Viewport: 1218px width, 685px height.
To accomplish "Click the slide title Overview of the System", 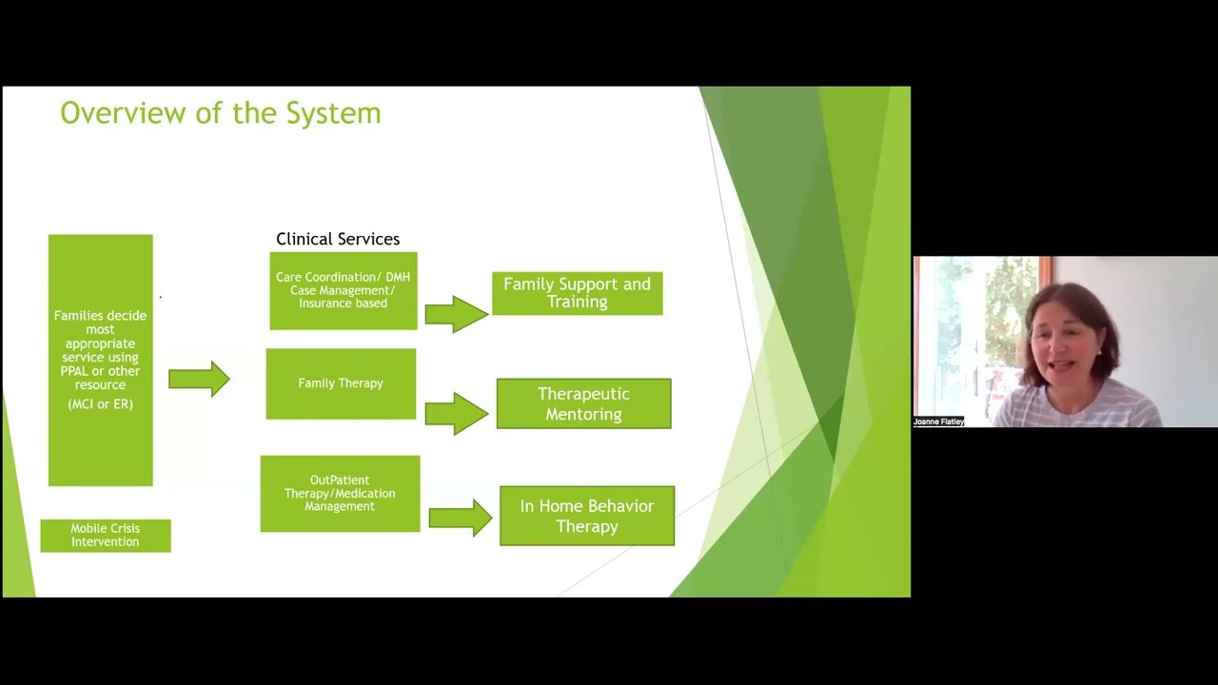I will click(x=220, y=113).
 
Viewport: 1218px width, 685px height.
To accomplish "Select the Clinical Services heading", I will click(x=338, y=239).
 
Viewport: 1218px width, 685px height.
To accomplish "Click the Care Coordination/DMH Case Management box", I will click(x=343, y=290).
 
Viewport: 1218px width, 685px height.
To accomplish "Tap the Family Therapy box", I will click(x=341, y=383).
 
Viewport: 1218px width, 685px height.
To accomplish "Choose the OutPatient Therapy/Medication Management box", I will click(x=340, y=494).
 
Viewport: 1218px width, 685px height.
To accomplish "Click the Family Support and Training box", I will click(x=577, y=293).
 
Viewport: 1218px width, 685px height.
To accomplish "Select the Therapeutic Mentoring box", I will click(x=583, y=403).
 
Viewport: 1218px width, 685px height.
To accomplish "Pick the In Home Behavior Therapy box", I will click(x=586, y=516).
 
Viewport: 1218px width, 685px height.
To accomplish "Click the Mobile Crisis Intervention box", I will click(x=105, y=536).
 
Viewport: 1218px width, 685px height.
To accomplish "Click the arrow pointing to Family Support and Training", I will click(x=456, y=314).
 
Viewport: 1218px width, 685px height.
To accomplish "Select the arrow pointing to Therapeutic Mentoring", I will click(x=456, y=414).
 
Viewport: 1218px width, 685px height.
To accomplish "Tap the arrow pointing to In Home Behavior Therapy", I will click(x=460, y=518).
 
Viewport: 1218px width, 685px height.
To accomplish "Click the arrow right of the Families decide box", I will click(x=199, y=379).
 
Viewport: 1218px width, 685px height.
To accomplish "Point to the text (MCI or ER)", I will click(x=100, y=404).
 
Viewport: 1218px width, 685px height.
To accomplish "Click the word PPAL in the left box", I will click(x=75, y=371).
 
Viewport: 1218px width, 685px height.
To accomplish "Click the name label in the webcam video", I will click(x=938, y=421).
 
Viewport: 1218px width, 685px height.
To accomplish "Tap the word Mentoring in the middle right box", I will click(x=583, y=414).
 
